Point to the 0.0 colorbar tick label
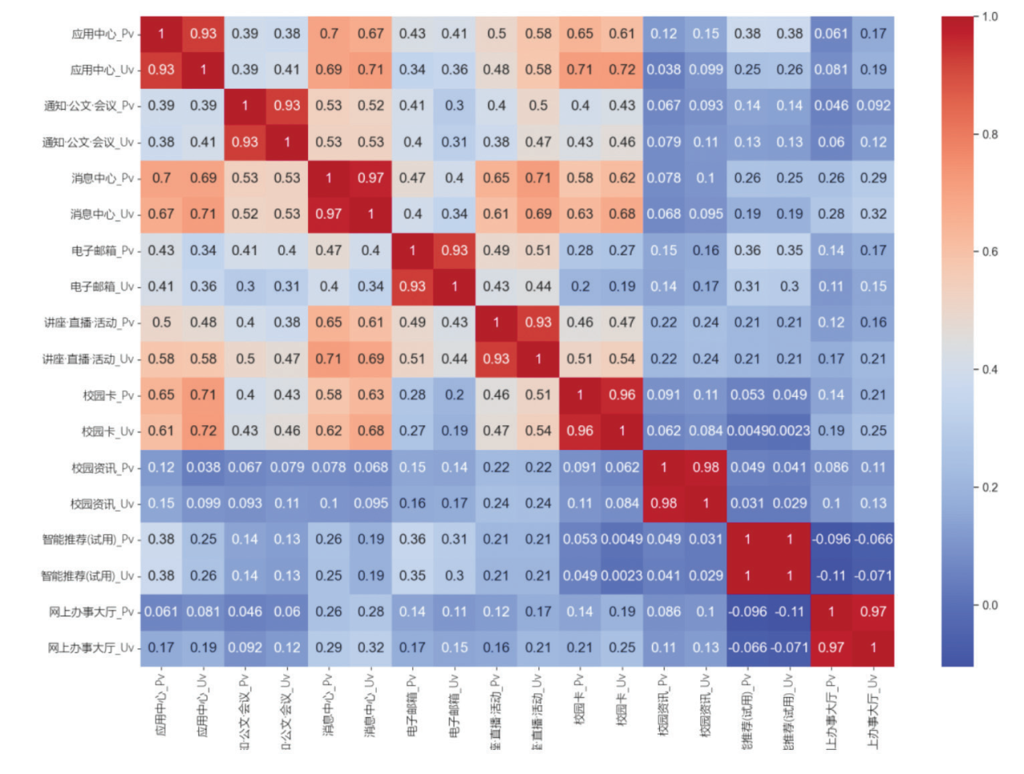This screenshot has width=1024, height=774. pyautogui.click(x=990, y=605)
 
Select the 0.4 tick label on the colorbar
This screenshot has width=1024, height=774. pyautogui.click(x=990, y=370)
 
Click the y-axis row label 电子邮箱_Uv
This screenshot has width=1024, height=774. pyautogui.click(x=102, y=287)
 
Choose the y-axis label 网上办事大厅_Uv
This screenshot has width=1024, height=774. pyautogui.click(x=90, y=648)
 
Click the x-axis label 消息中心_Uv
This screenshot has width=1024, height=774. pyautogui.click(x=370, y=704)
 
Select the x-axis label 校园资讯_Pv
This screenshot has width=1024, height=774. pyautogui.click(x=663, y=704)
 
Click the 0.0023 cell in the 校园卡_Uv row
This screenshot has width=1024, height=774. pyautogui.click(x=790, y=431)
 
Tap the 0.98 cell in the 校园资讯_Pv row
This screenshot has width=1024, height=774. pyautogui.click(x=706, y=467)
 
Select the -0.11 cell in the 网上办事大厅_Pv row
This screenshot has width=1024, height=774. pyautogui.click(x=790, y=612)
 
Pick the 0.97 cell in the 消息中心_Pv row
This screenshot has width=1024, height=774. pyautogui.click(x=370, y=178)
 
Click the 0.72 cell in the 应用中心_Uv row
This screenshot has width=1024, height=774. pyautogui.click(x=622, y=70)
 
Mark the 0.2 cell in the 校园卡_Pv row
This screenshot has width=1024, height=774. pyautogui.click(x=454, y=395)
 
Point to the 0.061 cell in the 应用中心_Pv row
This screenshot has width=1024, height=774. pyautogui.click(x=831, y=34)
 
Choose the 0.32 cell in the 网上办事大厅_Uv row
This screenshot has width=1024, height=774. pyautogui.click(x=370, y=648)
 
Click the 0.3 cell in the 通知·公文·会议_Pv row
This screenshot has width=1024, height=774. pyautogui.click(x=454, y=106)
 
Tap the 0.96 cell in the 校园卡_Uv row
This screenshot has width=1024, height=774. pyautogui.click(x=580, y=431)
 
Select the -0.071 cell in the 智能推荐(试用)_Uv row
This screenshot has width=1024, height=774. pyautogui.click(x=873, y=575)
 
